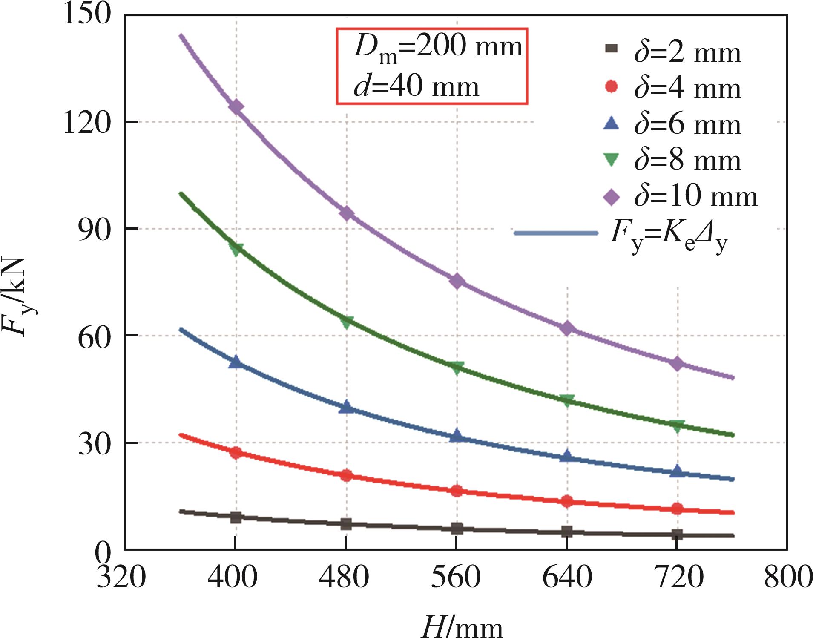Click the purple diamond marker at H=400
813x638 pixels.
[236, 106]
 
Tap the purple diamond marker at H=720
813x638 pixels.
[677, 363]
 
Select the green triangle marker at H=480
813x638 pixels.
[346, 322]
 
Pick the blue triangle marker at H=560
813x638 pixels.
[457, 436]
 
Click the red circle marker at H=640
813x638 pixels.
[567, 501]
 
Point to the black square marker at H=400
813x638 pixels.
[236, 517]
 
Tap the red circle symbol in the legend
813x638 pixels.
[612, 86]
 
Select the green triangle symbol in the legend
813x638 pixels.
[612, 160]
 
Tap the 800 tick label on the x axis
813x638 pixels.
[788, 578]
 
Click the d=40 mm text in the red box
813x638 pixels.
[416, 86]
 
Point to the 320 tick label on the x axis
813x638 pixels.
[121, 578]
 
